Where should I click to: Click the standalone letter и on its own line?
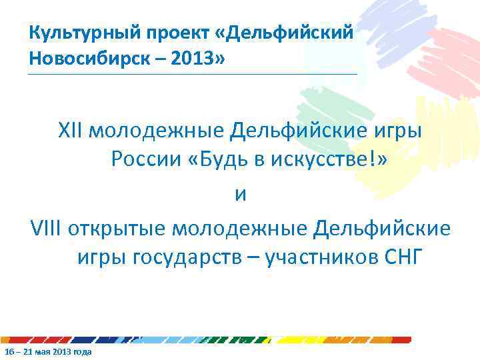(240, 195)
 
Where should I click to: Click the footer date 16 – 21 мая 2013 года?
(47, 351)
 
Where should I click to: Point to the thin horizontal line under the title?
(193, 74)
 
